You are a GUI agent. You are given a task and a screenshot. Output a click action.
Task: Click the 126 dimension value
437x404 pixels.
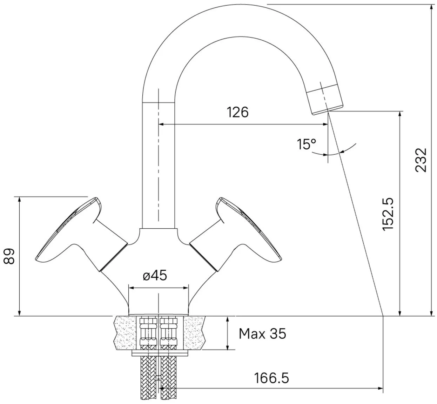coord(238,112)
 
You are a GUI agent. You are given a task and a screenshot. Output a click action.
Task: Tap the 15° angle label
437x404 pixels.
coord(306,144)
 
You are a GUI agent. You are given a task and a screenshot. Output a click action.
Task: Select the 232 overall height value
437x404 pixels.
coord(421,160)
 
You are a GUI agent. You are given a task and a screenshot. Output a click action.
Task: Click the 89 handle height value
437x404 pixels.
coord(9,256)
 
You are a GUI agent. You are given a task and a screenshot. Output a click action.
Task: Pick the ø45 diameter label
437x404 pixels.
coord(155,275)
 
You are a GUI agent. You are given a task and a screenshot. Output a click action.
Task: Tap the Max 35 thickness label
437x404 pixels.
coord(262,334)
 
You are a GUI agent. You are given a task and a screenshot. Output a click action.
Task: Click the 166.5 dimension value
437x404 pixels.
coord(271,378)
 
